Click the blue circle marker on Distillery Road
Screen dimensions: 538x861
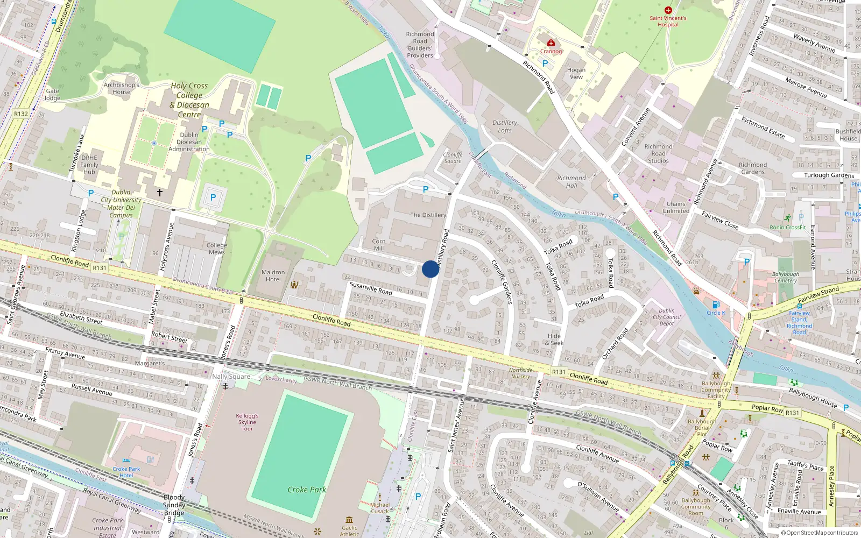tap(430, 269)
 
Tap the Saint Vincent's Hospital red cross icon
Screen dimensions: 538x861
tap(668, 10)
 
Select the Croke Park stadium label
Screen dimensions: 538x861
tap(307, 490)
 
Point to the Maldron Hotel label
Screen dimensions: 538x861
tap(273, 275)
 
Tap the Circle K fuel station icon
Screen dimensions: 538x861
tap(716, 305)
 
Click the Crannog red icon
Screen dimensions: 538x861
tap(551, 43)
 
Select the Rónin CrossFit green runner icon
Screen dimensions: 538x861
tap(788, 218)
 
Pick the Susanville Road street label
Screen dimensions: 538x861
tap(371, 288)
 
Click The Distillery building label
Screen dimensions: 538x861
tap(428, 215)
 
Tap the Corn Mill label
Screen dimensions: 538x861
tap(379, 245)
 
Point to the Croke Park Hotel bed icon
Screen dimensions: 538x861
tap(126, 461)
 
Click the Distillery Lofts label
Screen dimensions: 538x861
tap(505, 126)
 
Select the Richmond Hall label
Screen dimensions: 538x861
tap(571, 182)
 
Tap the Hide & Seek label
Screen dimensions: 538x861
tap(554, 339)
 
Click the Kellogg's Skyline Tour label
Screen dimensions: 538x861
tap(247, 422)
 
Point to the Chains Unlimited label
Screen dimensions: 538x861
tap(676, 207)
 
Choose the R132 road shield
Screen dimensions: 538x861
tap(21, 114)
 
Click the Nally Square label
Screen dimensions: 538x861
tap(231, 377)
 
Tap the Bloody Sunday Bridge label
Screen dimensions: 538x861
tap(174, 505)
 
